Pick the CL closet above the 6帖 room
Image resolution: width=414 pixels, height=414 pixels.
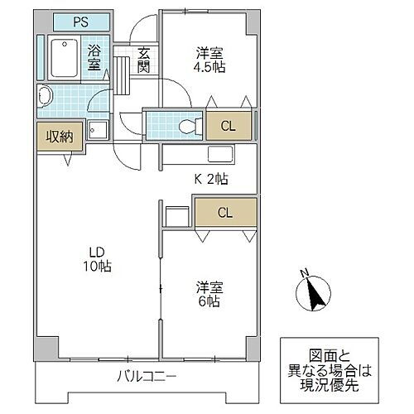click(225, 213)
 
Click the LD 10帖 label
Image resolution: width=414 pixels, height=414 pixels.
click(98, 259)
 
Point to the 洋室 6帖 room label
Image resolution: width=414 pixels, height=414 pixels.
click(208, 294)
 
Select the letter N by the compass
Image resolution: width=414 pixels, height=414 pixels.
click(303, 272)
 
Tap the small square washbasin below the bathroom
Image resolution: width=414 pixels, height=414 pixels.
click(98, 130)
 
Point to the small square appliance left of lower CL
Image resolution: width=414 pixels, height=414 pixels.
click(176, 215)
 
